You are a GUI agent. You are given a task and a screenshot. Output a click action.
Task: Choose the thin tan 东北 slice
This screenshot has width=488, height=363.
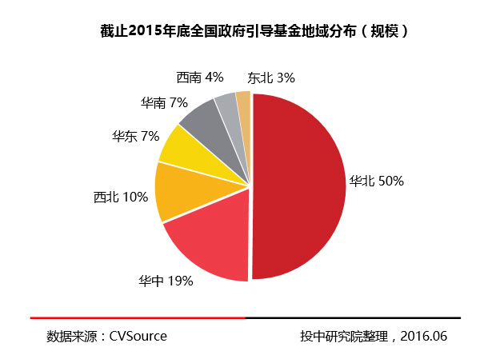pos(244,102)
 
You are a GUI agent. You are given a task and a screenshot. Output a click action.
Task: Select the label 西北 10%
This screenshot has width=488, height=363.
pos(121,197)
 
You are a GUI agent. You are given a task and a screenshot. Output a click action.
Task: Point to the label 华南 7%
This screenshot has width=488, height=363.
pos(163,102)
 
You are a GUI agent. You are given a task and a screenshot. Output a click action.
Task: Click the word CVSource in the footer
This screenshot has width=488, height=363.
pos(138,336)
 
